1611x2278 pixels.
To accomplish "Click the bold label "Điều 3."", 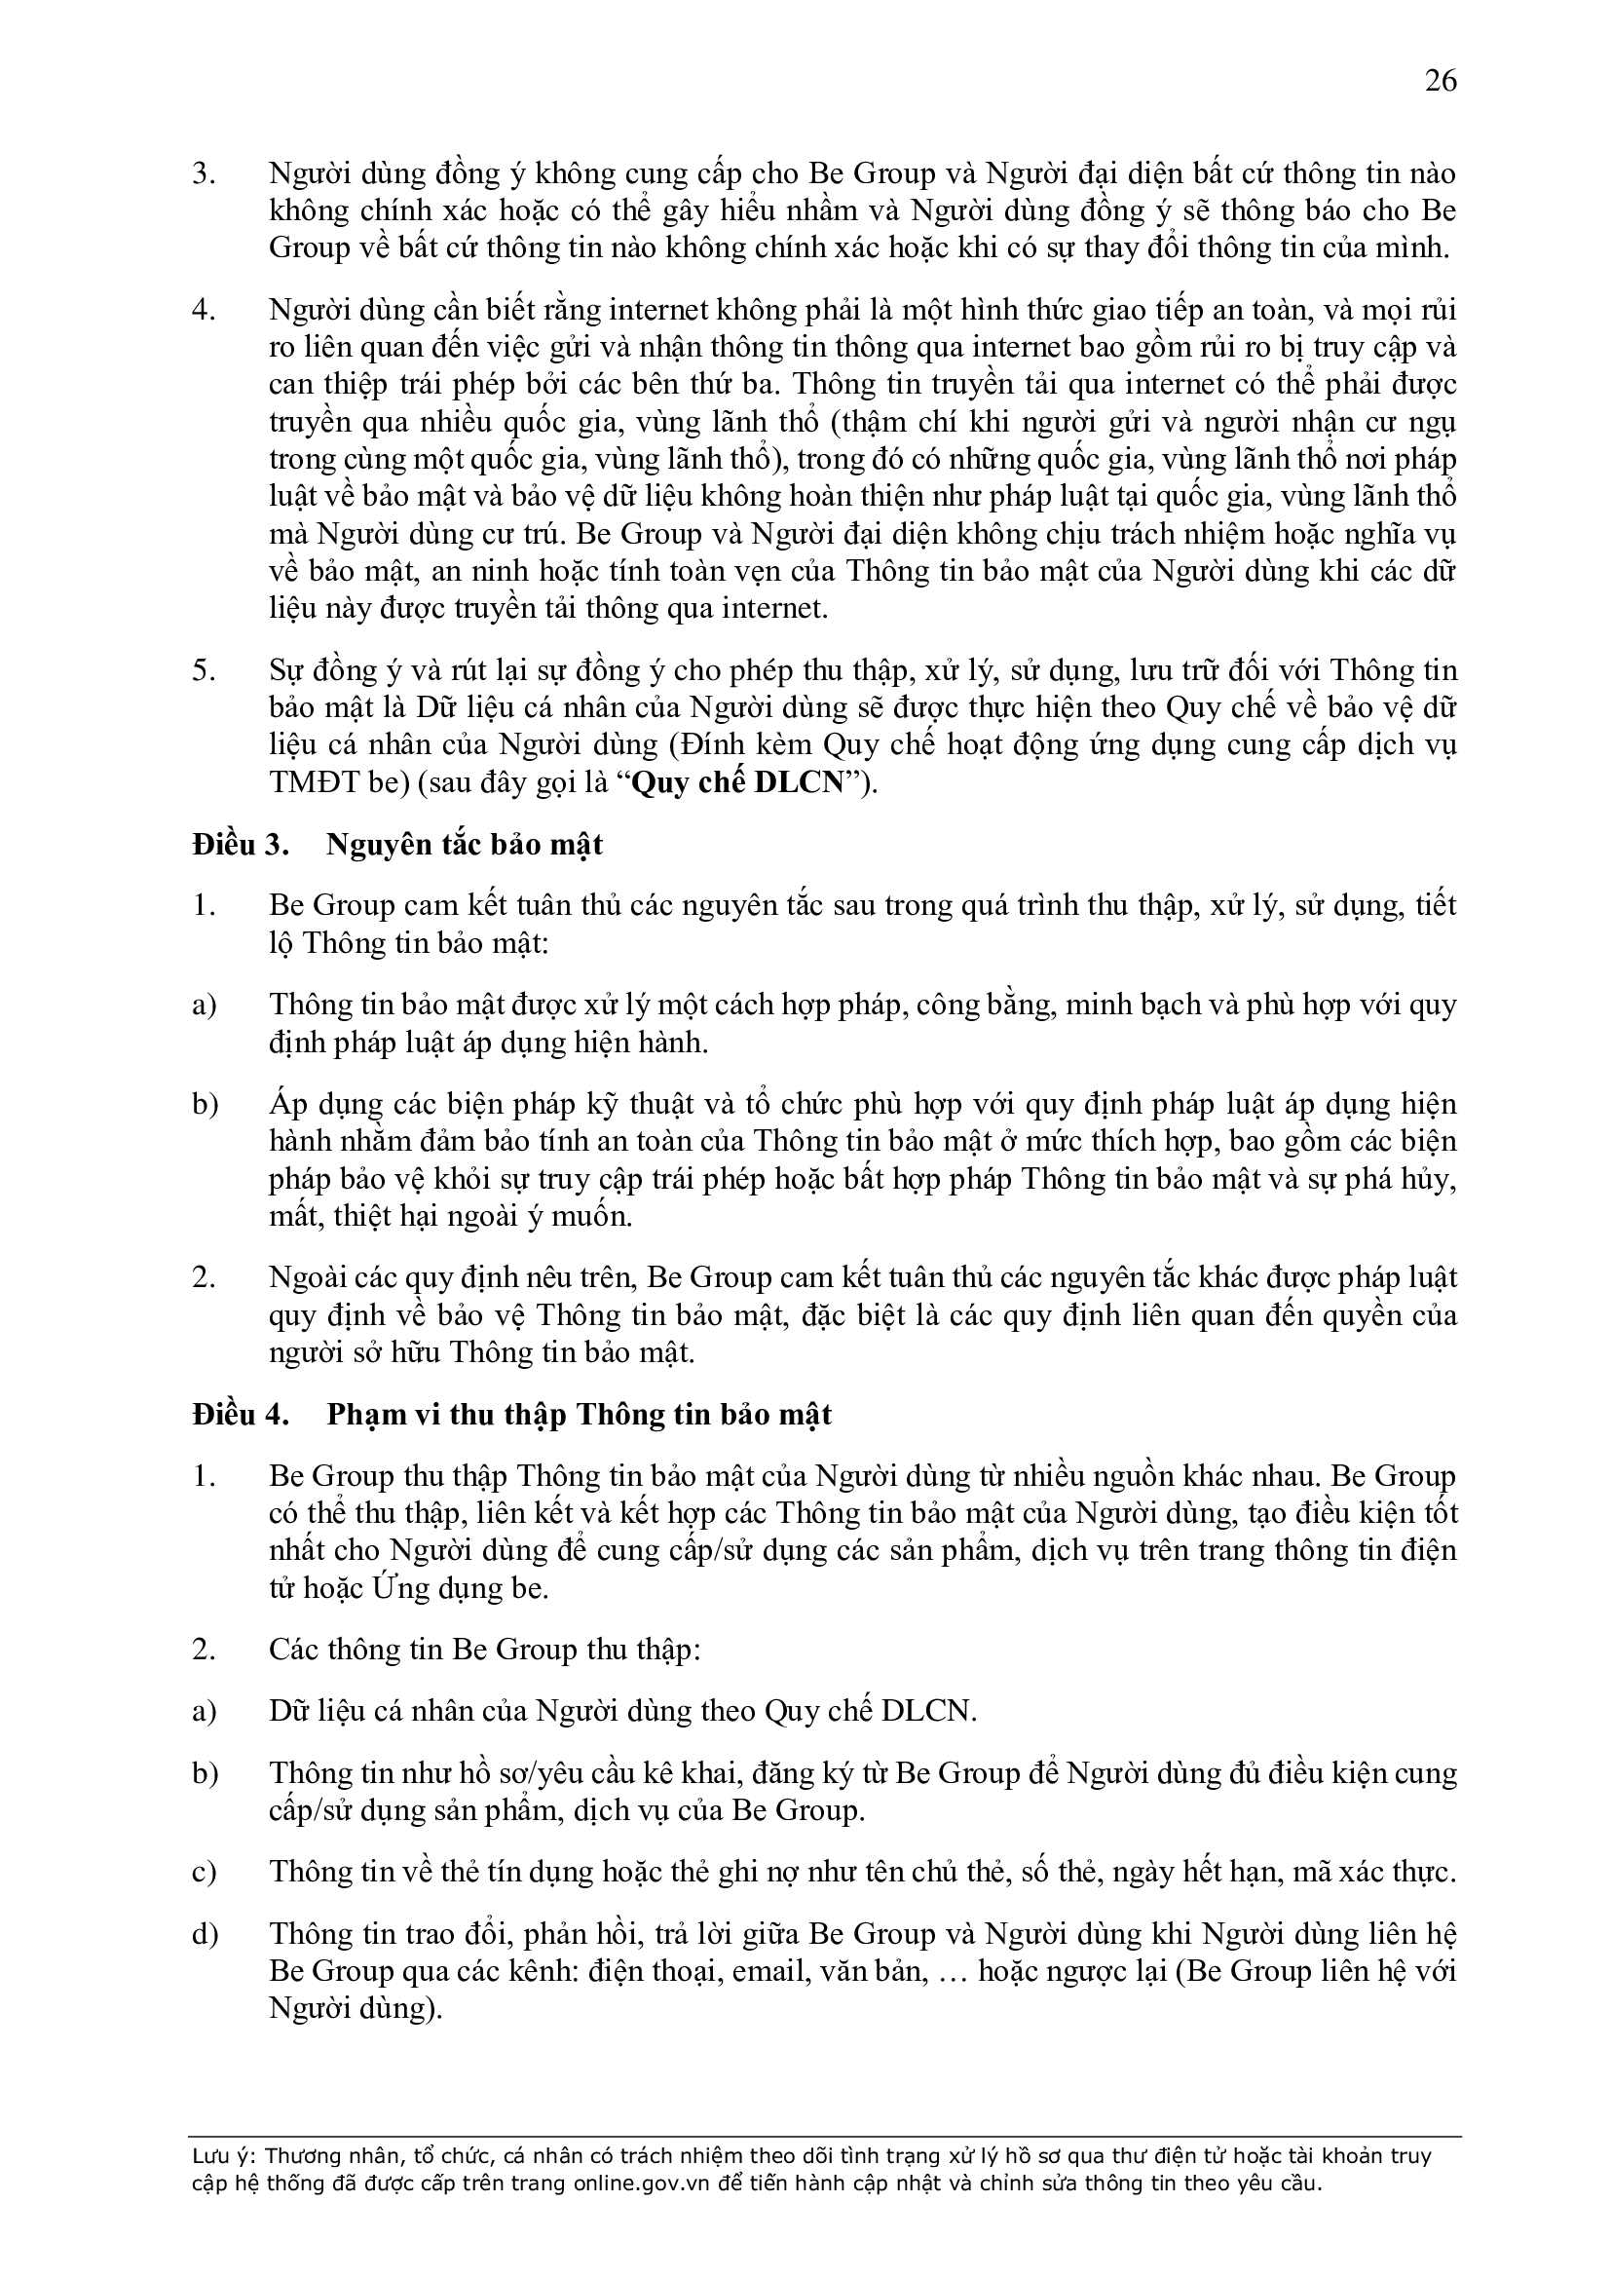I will (x=240, y=846).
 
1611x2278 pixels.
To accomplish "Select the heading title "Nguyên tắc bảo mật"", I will (x=466, y=846).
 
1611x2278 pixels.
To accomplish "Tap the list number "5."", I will (x=205, y=671).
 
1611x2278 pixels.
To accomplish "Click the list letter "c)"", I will (x=204, y=1873).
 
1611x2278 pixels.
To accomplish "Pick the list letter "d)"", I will (x=205, y=1934).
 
